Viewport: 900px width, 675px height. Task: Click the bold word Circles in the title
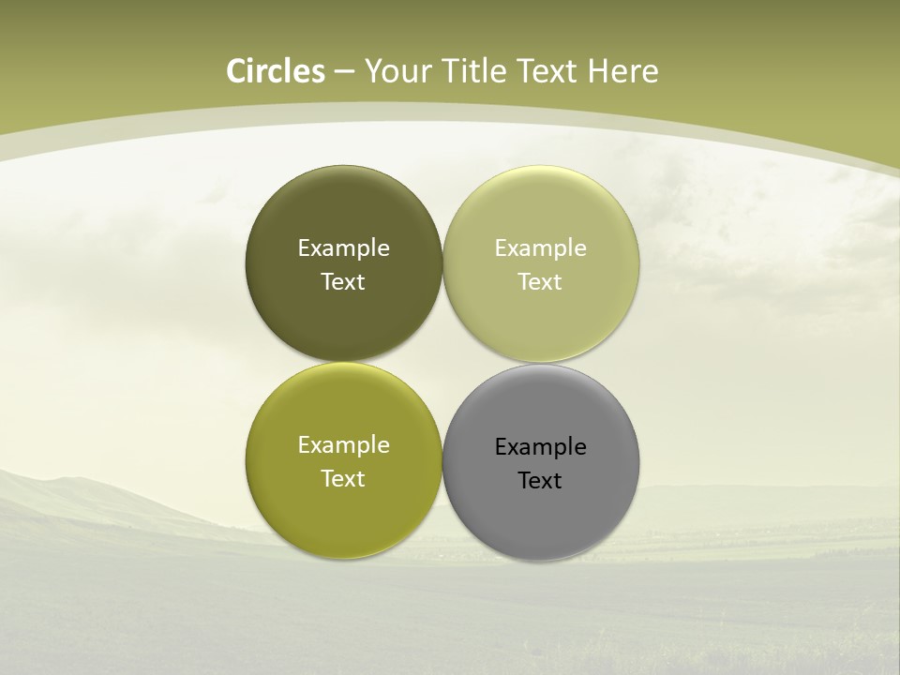pos(276,71)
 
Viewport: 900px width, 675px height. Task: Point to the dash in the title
pos(344,72)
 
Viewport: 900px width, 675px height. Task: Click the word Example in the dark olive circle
pos(343,248)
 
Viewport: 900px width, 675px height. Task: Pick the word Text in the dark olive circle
pos(343,282)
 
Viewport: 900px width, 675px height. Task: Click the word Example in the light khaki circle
pos(540,248)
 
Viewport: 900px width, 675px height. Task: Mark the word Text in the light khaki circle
pos(540,282)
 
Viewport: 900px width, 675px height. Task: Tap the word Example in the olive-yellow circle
pos(343,445)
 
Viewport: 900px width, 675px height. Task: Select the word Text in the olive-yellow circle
pos(343,479)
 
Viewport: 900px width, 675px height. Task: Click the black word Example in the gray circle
pos(540,447)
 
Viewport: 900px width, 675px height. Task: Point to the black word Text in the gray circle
pos(540,481)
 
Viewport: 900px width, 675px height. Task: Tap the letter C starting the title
pos(236,71)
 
